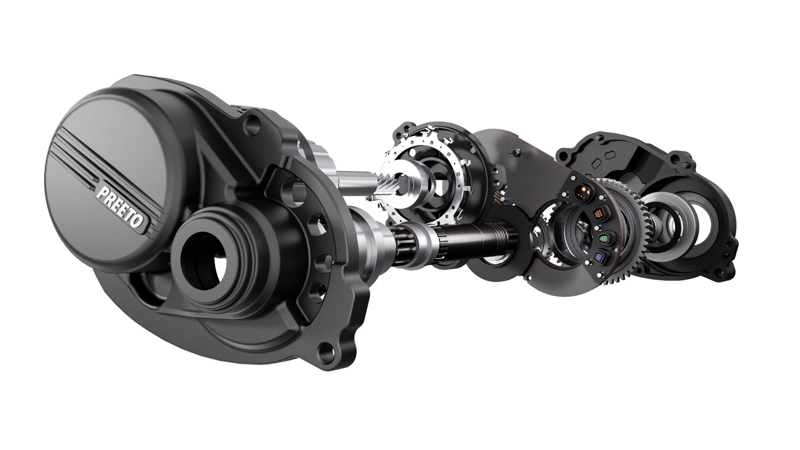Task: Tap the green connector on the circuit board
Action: click(603, 238)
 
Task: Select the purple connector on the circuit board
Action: click(600, 257)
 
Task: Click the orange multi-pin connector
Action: click(599, 215)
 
